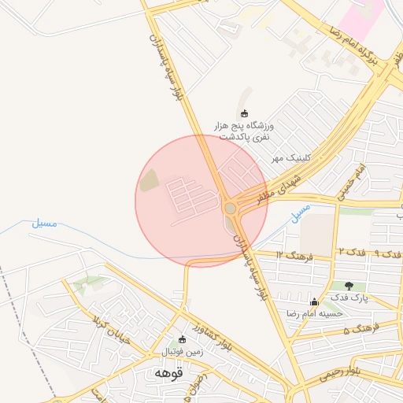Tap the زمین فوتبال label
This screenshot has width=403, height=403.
[183, 352]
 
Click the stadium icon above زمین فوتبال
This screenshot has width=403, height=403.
[183, 339]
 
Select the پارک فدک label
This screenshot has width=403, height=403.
[349, 298]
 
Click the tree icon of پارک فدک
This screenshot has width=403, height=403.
[349, 285]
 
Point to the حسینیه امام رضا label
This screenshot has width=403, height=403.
[315, 313]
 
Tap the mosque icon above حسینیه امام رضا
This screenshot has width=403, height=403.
[315, 301]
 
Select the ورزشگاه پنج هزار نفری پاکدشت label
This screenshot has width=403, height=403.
[244, 131]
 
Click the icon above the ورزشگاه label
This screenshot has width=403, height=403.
[244, 113]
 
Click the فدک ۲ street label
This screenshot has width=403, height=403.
[351, 251]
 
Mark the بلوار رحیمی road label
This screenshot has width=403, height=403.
[344, 372]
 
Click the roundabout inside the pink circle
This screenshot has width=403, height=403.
[230, 208]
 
